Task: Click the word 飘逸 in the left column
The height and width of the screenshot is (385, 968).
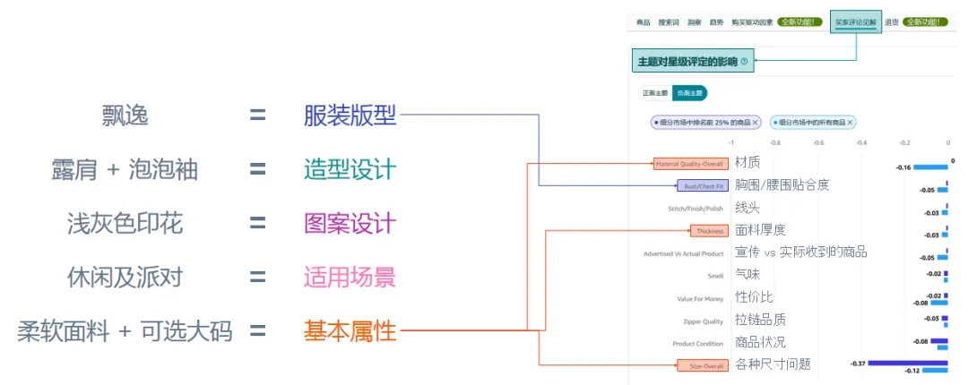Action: pyautogui.click(x=125, y=115)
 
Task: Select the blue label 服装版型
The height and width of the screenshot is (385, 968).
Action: pyautogui.click(x=350, y=115)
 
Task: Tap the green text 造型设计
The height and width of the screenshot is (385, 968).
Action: pyautogui.click(x=350, y=169)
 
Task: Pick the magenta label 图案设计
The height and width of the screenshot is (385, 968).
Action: pyautogui.click(x=350, y=223)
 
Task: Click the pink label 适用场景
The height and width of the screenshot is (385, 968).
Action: pyautogui.click(x=350, y=277)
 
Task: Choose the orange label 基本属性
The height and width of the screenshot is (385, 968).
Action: pyautogui.click(x=350, y=331)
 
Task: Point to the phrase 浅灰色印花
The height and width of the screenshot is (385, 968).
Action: pyautogui.click(x=125, y=223)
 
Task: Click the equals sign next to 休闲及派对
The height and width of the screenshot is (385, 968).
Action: pyautogui.click(x=258, y=277)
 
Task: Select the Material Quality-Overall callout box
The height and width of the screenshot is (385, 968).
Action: pyautogui.click(x=688, y=164)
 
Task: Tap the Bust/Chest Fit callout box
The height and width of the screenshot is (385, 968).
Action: pyautogui.click(x=702, y=186)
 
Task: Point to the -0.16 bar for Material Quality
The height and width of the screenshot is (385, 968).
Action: pyautogui.click(x=930, y=167)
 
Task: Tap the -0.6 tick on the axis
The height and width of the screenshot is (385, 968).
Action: pyautogui.click(x=817, y=141)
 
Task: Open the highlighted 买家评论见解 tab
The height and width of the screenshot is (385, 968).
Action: pyautogui.click(x=855, y=21)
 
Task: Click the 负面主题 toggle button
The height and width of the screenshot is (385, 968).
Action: pyautogui.click(x=689, y=92)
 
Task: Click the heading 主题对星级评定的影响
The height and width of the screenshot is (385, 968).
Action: pyautogui.click(x=687, y=62)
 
